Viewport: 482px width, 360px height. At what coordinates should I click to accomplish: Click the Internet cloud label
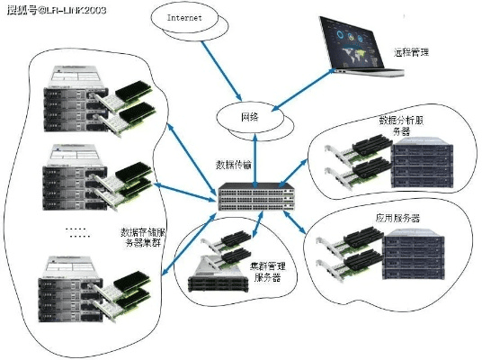click(185, 18)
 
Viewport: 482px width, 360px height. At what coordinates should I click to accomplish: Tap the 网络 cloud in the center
click(249, 118)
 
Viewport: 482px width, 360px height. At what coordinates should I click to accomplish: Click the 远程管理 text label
click(413, 52)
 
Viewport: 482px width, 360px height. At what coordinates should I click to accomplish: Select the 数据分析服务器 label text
click(395, 125)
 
